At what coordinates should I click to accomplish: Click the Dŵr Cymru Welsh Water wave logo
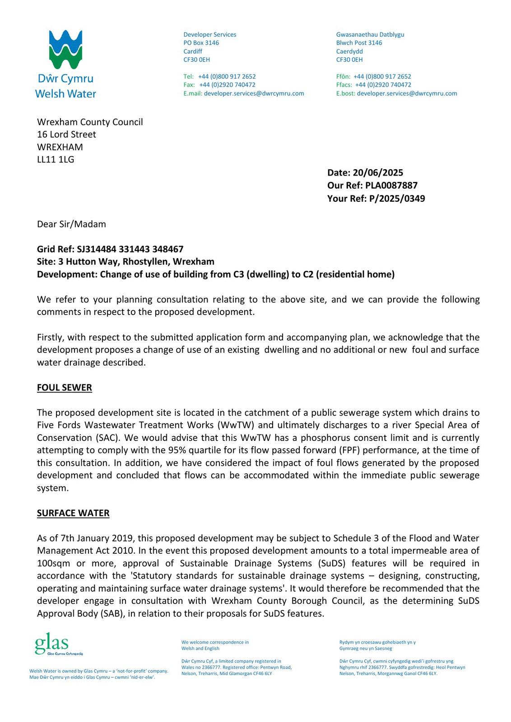65,49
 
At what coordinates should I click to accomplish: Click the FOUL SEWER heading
65,388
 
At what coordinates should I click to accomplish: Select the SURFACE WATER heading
73,513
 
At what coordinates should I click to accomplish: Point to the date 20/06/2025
378,173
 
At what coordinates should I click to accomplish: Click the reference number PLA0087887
391,185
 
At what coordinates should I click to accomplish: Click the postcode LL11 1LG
56,159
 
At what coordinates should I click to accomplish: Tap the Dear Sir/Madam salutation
71,224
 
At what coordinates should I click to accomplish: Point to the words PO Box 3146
201,43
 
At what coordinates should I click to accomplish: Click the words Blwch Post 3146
359,43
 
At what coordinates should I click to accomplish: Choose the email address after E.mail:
254,93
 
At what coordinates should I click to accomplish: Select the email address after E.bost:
407,93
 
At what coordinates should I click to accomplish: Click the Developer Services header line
209,35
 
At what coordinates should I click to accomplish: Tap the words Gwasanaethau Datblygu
370,35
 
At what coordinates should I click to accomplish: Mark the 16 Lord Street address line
66,134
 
